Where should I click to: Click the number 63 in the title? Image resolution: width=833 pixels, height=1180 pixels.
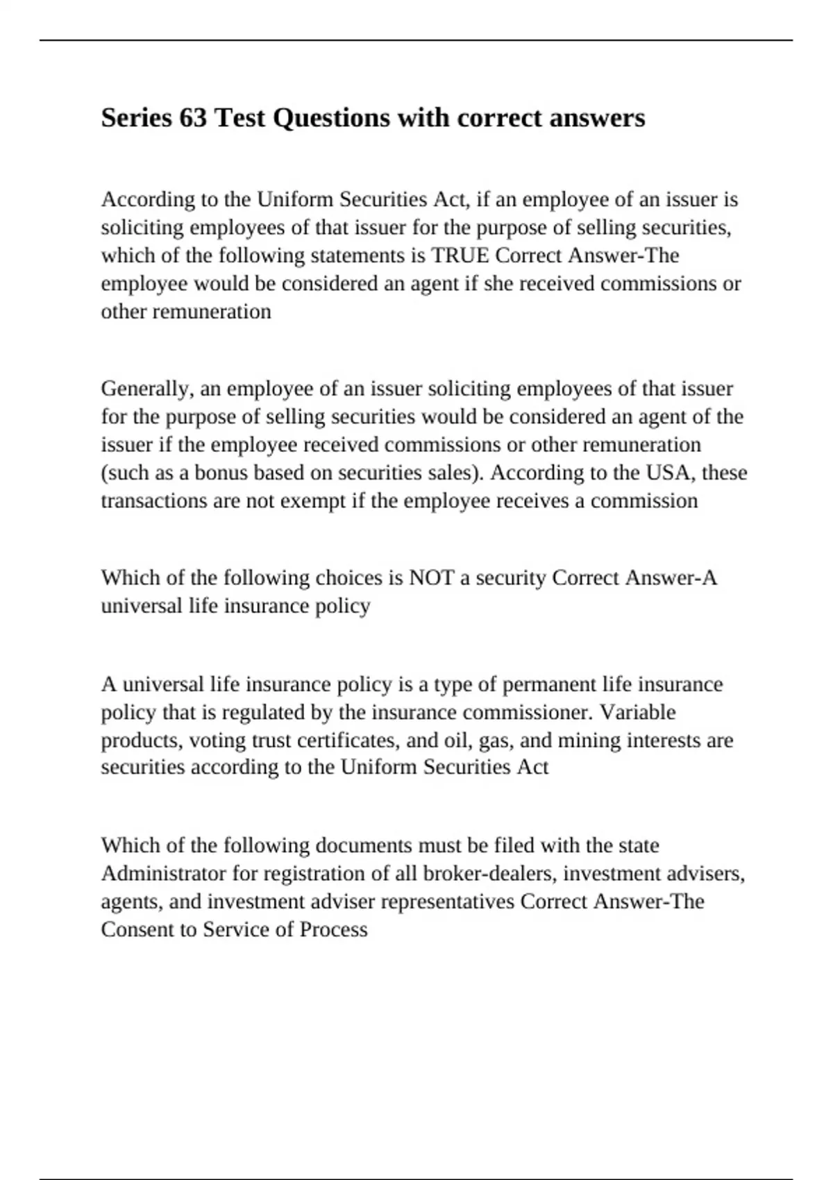[193, 118]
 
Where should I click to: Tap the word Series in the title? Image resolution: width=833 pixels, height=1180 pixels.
[135, 118]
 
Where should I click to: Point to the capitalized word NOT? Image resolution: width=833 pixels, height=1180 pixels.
[432, 578]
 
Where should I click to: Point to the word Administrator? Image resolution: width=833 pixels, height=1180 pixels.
[164, 873]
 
